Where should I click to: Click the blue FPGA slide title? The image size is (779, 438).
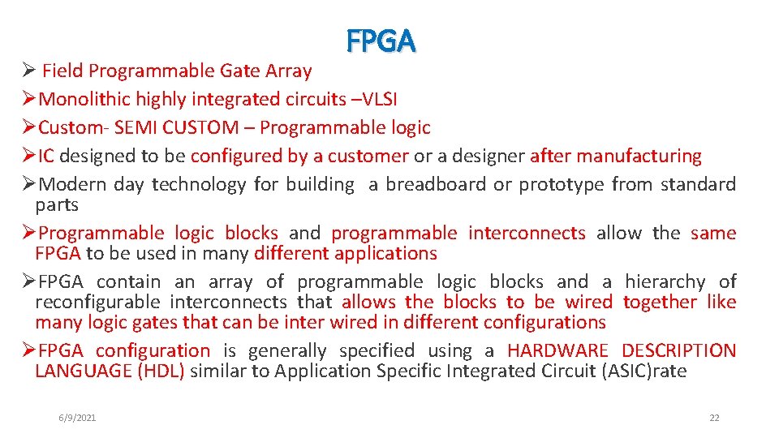[381, 41]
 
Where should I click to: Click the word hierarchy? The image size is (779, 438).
[665, 282]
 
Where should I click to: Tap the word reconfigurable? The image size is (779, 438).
[97, 303]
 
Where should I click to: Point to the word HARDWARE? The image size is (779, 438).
[557, 351]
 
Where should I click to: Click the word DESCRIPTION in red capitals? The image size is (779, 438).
[678, 351]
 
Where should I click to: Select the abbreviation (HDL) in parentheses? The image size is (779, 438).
[161, 371]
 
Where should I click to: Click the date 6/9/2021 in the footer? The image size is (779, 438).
[77, 418]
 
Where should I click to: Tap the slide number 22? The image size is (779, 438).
[714, 418]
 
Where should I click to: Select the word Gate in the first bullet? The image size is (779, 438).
[236, 71]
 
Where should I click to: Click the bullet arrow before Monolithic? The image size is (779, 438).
[28, 100]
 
